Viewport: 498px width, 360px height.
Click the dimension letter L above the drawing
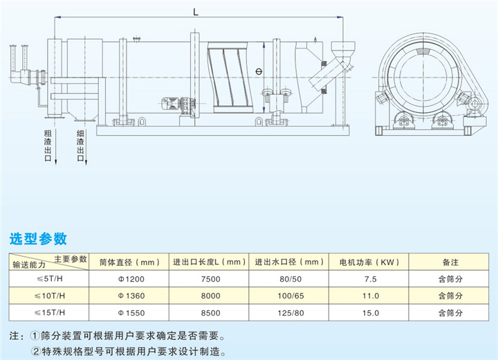tap(197, 10)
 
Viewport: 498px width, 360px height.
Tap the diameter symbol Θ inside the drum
tap(257, 71)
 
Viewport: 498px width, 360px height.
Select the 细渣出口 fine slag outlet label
tap(80, 145)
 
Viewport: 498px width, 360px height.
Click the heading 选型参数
tap(38, 239)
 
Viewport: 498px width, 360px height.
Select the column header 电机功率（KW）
tap(370, 262)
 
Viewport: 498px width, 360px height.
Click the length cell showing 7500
tap(210, 279)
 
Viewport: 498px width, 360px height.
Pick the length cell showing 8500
tap(210, 313)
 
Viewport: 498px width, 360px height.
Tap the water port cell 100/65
tap(289, 296)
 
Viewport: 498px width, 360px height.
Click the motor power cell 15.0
tap(370, 313)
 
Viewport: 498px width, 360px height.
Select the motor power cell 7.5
tap(370, 279)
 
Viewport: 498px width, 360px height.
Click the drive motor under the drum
tap(170, 103)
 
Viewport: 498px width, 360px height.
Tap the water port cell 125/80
tap(289, 313)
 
